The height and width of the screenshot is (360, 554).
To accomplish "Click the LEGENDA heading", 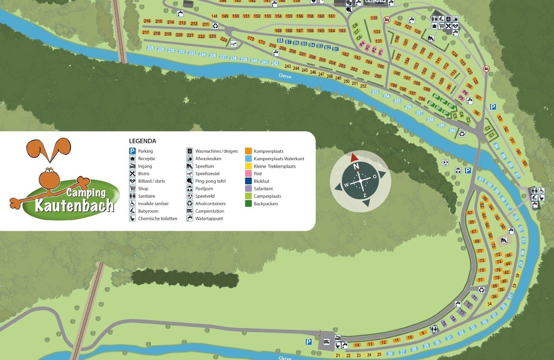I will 142,141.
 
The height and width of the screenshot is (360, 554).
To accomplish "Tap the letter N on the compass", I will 356,166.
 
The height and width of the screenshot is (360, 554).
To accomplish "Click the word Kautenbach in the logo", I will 74,205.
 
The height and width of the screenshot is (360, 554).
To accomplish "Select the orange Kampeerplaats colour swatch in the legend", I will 248,151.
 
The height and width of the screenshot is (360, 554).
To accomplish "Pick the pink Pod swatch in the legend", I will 248,173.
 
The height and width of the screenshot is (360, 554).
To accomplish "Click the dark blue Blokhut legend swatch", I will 248,181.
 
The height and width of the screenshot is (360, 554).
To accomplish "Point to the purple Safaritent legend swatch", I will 248,189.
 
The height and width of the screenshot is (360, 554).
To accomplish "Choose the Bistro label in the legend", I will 144,173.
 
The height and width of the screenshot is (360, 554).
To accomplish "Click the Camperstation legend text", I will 209,211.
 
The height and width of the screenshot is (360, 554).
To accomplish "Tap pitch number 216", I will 147,21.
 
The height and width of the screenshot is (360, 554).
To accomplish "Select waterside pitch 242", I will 275,63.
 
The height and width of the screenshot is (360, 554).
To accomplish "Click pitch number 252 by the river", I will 363,86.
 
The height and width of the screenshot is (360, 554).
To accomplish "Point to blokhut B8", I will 280,41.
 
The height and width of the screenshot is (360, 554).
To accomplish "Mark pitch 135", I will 374,18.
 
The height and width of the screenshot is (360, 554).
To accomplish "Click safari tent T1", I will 474,298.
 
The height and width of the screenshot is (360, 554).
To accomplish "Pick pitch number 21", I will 338,355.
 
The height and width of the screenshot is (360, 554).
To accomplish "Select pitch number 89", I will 525,163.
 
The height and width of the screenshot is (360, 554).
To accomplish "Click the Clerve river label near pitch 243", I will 285,76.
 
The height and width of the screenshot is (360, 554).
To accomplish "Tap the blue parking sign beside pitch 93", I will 493,107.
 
